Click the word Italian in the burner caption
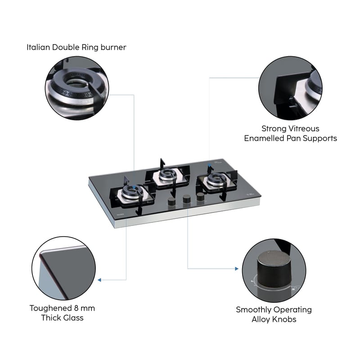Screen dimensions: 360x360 tap(37, 47)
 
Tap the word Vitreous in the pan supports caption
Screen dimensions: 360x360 tap(303, 128)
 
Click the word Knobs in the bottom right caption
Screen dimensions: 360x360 tap(286, 319)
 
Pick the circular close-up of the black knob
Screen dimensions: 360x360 tap(274, 270)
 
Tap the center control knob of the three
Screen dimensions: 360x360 tap(185, 198)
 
